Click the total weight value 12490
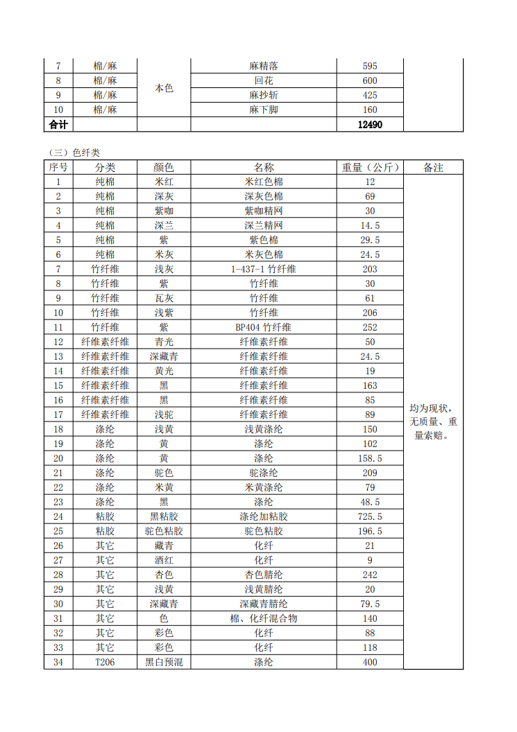click(370, 125)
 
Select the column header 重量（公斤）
click(370, 168)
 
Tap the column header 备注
click(433, 168)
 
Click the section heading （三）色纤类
click(75, 152)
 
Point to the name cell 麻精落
click(264, 67)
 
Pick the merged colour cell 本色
click(164, 88)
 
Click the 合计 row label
click(58, 125)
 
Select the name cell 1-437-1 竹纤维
click(264, 269)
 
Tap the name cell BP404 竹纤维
click(264, 327)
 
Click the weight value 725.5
click(370, 516)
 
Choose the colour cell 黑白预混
click(164, 662)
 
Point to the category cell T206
click(105, 662)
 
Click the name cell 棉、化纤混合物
click(264, 618)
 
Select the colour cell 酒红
click(164, 560)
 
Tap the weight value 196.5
click(370, 531)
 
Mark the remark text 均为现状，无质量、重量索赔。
click(433, 422)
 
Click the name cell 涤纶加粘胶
click(264, 516)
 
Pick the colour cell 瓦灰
click(164, 298)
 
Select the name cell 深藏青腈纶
click(264, 604)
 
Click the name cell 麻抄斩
click(264, 95)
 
